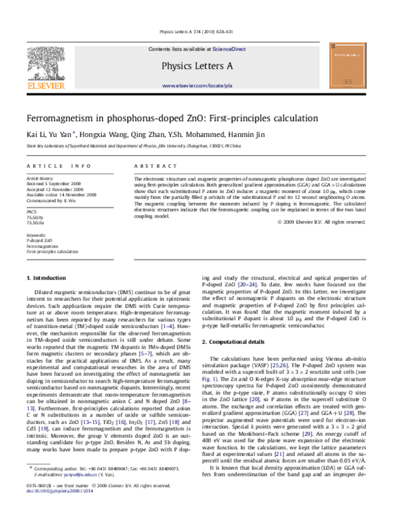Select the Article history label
(x=39, y=179)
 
